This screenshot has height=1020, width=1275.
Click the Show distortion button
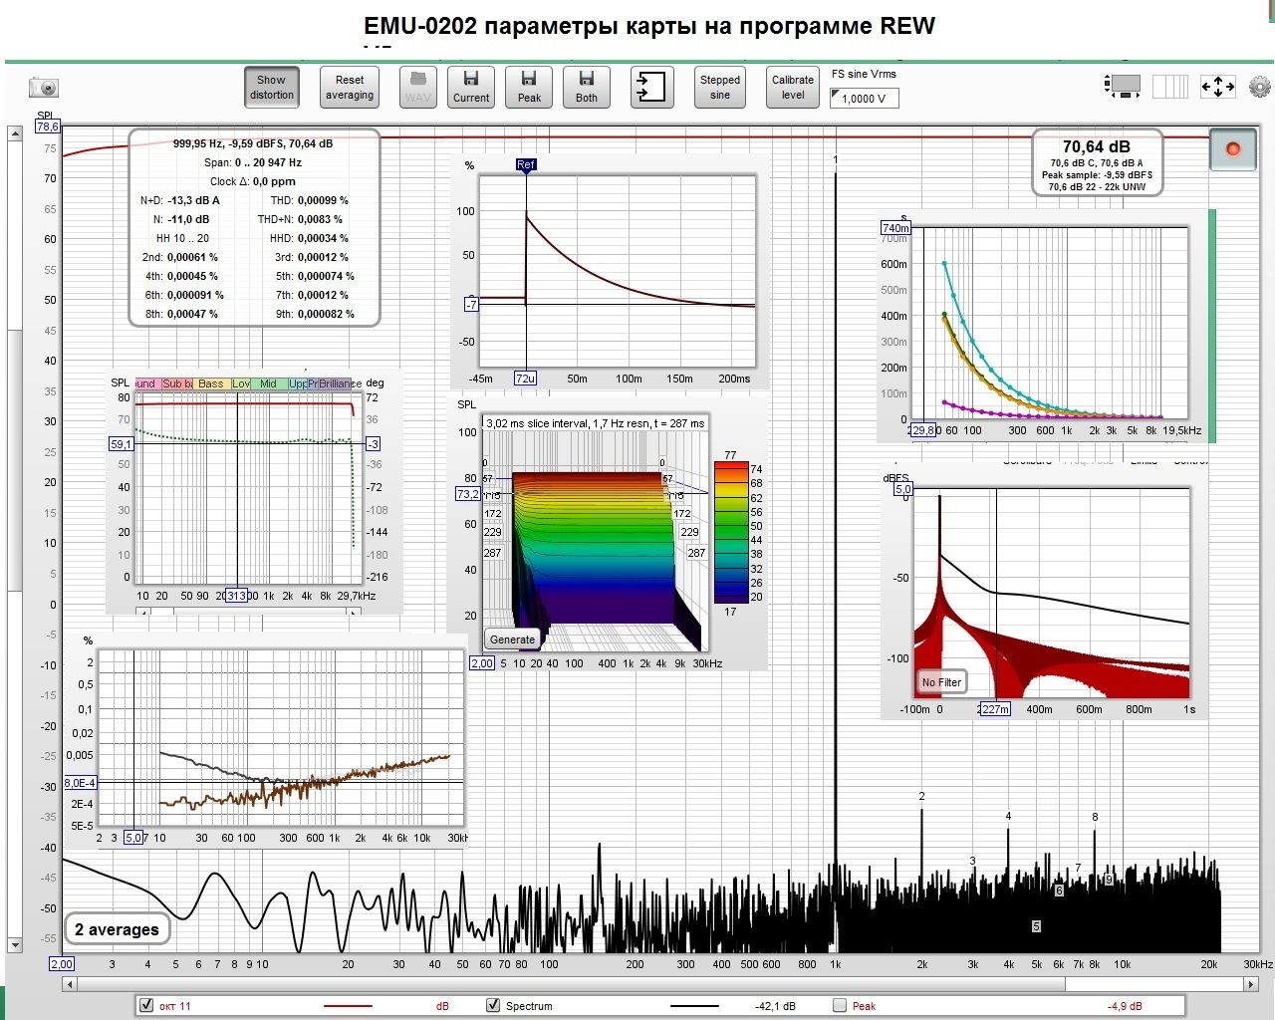(272, 88)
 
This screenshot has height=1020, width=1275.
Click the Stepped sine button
(719, 88)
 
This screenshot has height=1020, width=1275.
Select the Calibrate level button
(793, 88)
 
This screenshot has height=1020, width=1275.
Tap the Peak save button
(529, 88)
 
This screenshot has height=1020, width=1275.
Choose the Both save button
(587, 88)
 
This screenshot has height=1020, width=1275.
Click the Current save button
(471, 88)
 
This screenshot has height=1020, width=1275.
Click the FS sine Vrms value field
(864, 99)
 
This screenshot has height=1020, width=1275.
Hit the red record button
(1232, 149)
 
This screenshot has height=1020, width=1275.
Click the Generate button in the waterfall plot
(513, 639)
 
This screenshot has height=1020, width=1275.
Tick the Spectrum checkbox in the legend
(493, 1005)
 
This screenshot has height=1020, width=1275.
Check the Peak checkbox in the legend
(840, 1005)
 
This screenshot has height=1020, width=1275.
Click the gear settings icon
(1260, 87)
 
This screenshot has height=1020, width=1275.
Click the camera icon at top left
(44, 88)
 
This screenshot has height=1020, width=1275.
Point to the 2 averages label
(117, 929)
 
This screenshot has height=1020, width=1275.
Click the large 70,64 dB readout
(1096, 147)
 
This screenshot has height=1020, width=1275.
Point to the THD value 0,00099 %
(323, 200)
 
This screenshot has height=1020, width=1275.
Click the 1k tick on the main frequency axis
(836, 964)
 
